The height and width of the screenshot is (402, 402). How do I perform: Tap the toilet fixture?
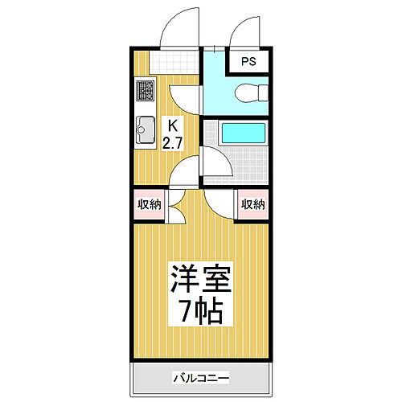tap(249, 94)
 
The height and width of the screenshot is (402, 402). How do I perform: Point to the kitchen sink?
tap(146, 129)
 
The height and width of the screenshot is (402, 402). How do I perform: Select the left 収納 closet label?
tap(149, 203)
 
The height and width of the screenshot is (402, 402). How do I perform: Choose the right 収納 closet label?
tap(252, 203)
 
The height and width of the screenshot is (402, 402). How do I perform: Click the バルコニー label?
tap(200, 377)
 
